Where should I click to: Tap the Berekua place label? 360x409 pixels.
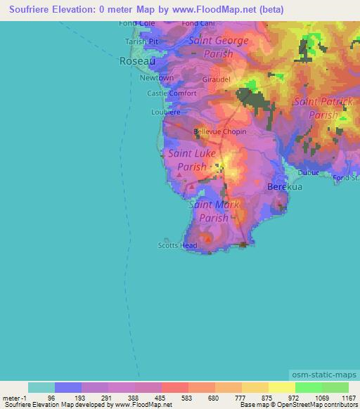[284, 188]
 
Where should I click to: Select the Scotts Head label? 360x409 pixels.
[177, 245]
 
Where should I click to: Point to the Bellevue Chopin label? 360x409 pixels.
[218, 131]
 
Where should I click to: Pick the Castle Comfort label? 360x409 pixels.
[172, 93]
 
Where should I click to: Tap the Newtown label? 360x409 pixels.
[156, 78]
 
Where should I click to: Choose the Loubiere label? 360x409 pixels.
[166, 112]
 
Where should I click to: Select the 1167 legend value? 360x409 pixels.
[348, 397]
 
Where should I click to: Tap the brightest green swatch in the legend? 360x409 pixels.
[308, 387]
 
